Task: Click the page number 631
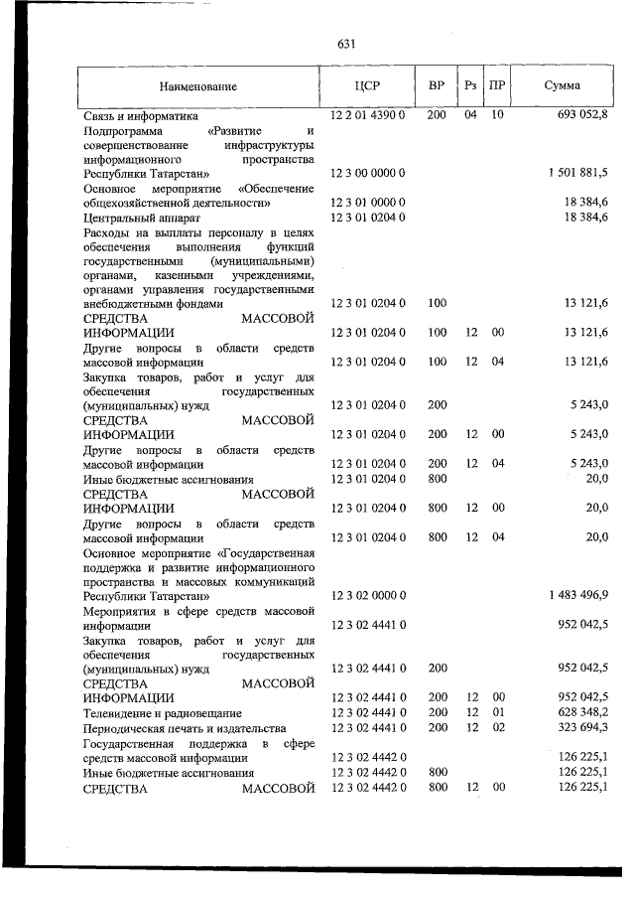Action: (346, 44)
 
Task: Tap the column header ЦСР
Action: (367, 85)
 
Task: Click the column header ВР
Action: (437, 85)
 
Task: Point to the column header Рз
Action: (470, 85)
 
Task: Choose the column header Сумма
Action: (563, 85)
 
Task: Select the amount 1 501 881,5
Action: (577, 173)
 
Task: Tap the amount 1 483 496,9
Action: (577, 595)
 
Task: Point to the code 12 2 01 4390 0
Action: (367, 115)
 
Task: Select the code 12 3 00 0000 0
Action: (367, 173)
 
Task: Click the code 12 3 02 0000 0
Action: (367, 595)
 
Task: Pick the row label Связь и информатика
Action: (141, 116)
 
